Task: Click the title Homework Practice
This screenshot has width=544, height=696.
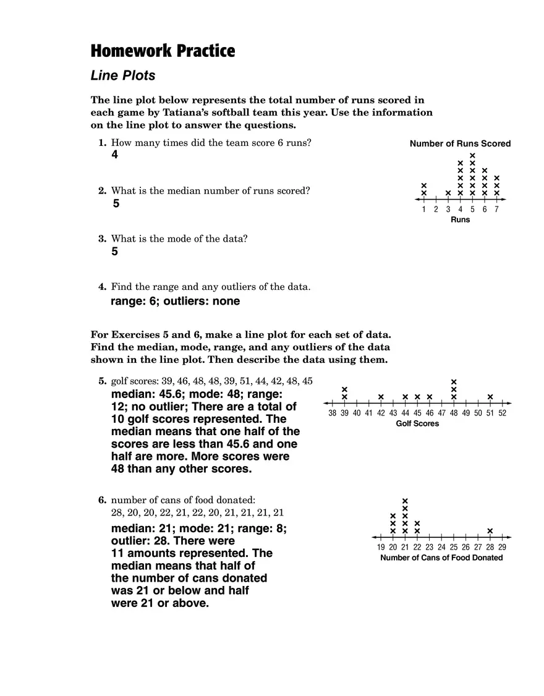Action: (163, 51)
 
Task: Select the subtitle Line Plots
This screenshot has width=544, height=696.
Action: (123, 76)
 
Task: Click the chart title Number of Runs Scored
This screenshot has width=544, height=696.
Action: (460, 144)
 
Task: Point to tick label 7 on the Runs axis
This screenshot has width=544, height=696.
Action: (496, 210)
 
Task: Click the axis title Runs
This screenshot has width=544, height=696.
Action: (460, 220)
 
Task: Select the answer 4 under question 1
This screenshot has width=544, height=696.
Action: (114, 155)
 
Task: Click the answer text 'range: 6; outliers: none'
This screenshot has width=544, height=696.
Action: (175, 302)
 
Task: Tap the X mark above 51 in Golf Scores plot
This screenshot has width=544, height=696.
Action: (490, 397)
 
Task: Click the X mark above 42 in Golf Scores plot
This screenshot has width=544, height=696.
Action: (381, 397)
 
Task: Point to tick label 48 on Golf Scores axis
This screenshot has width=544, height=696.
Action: (454, 414)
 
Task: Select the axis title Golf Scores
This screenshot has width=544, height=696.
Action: (417, 424)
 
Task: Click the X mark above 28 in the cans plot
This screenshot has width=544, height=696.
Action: (490, 531)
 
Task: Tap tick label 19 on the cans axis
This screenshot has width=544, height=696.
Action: (381, 548)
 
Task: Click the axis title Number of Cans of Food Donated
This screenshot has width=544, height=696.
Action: (441, 558)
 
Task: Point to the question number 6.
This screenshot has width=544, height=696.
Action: (103, 499)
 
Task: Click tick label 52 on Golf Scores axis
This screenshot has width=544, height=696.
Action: (502, 414)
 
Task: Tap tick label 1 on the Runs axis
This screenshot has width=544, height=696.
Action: (424, 210)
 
